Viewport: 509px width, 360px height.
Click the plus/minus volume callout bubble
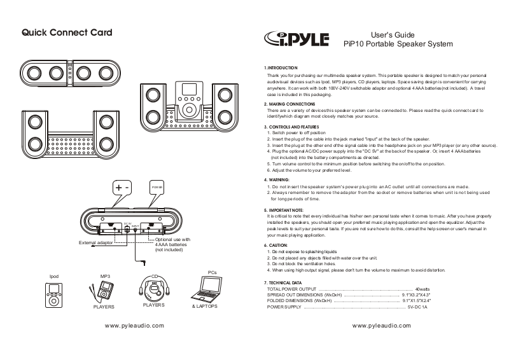coord(123,188)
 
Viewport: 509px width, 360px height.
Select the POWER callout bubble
coord(157,188)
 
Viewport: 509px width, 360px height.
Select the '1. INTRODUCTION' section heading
coord(281,67)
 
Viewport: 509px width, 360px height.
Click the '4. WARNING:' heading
coord(279,180)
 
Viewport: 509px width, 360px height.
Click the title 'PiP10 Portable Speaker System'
coord(397,44)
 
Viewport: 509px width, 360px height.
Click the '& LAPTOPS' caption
coord(205,307)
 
